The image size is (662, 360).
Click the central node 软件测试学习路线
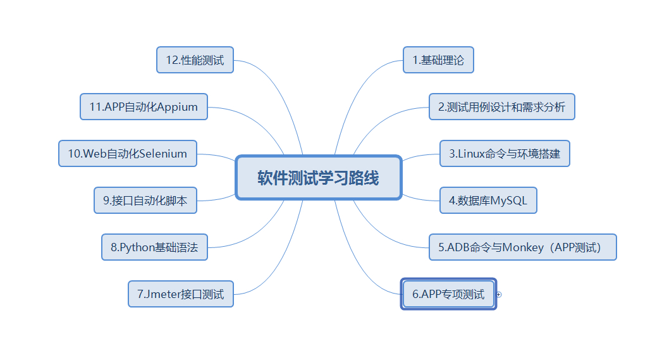point(318,178)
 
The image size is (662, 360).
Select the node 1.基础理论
point(438,60)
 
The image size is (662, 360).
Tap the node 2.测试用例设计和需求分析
point(501,107)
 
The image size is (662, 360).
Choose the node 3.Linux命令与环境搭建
point(505,153)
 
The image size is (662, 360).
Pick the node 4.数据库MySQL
point(488,201)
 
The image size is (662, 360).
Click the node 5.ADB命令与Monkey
point(522,247)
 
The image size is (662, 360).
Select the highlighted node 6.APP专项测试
point(448,294)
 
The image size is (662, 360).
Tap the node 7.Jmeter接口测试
point(180,294)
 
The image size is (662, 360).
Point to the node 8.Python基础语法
point(154,247)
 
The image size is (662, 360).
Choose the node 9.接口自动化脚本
point(145,201)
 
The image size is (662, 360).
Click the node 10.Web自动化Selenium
point(127,154)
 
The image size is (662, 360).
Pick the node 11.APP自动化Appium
point(144,107)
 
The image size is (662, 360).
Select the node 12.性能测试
point(195,60)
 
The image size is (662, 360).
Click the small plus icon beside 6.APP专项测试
point(499,294)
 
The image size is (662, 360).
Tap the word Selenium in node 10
point(163,154)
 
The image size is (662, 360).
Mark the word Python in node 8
point(137,247)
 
